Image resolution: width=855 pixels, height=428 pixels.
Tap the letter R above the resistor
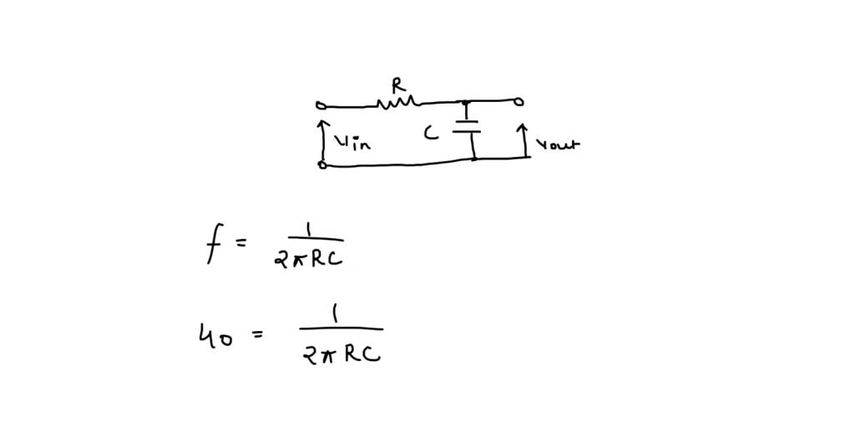coord(398,84)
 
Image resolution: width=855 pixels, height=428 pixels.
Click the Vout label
coord(557,144)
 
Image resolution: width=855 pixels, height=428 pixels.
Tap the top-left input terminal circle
coord(320,105)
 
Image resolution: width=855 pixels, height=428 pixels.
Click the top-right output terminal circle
coord(519,102)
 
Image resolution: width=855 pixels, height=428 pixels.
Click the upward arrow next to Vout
coord(523,140)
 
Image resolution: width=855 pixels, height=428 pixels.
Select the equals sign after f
coord(241,243)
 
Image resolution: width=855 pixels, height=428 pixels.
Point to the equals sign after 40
coord(256,335)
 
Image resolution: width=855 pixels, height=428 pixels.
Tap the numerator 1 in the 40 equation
coord(335,315)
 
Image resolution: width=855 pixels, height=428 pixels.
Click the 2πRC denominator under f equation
coord(308,259)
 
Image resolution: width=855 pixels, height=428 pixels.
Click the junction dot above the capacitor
coord(466,103)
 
